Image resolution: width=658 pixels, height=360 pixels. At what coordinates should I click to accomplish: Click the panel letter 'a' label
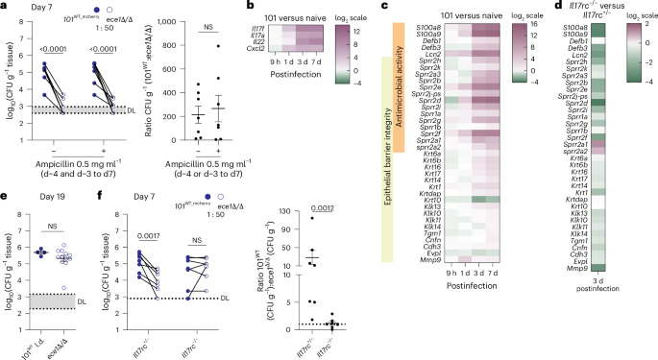(x=5, y=7)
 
